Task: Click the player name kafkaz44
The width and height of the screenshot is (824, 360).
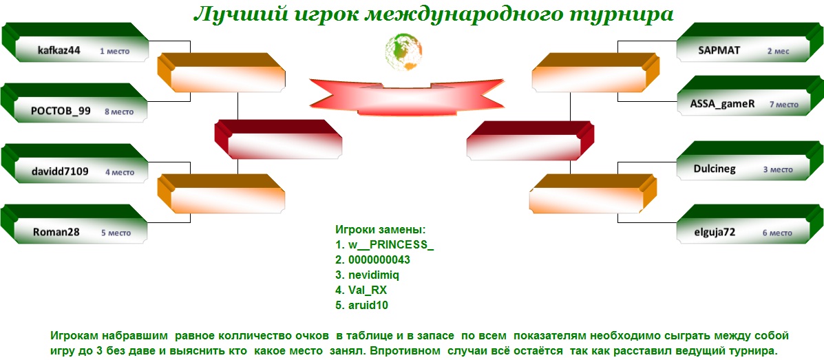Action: click(59, 51)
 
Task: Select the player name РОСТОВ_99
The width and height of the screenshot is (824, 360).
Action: click(61, 111)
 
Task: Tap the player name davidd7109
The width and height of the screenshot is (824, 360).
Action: click(59, 171)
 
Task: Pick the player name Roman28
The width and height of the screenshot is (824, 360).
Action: click(56, 231)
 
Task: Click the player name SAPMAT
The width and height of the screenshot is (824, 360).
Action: click(719, 50)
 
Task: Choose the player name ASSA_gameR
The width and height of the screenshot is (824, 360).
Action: click(722, 103)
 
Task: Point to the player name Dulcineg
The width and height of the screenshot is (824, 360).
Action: click(715, 169)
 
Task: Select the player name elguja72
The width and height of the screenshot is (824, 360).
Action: click(714, 232)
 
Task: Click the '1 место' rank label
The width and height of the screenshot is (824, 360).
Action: click(114, 52)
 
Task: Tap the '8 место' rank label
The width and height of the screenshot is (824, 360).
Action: click(119, 112)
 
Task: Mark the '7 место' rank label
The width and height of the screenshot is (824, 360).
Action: click(784, 105)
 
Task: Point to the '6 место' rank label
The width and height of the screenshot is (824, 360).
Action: click(777, 233)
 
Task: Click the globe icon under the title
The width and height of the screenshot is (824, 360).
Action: click(403, 52)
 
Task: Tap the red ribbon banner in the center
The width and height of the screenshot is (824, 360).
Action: click(407, 96)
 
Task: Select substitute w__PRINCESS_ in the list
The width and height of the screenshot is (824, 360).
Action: click(384, 245)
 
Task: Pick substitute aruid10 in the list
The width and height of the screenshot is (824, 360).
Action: click(361, 306)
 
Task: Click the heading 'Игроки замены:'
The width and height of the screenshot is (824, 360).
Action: click(380, 230)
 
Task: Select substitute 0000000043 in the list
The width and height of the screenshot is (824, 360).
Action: click(372, 260)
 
